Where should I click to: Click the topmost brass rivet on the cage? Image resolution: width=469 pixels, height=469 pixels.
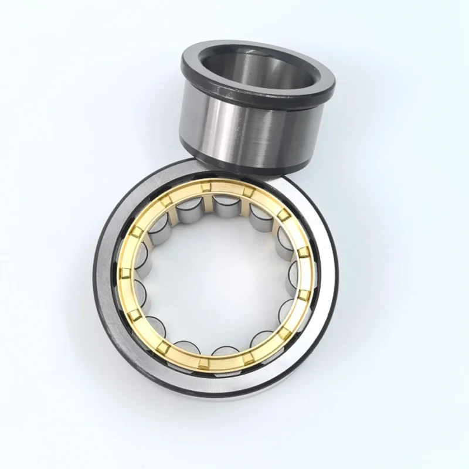click(x=205, y=187)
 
